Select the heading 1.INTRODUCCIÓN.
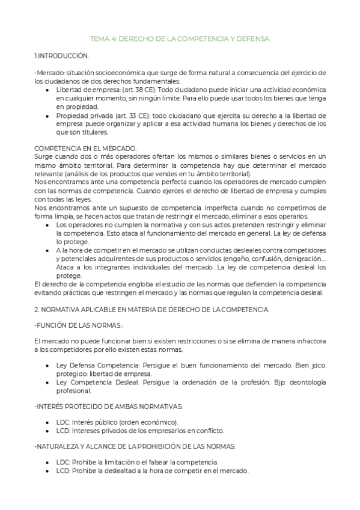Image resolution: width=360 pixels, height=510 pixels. point(62,55)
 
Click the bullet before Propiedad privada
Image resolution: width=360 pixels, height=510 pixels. point(48,115)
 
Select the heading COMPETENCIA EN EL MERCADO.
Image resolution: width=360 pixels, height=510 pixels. point(86,148)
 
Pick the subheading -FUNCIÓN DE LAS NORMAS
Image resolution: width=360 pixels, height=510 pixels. point(79,325)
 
